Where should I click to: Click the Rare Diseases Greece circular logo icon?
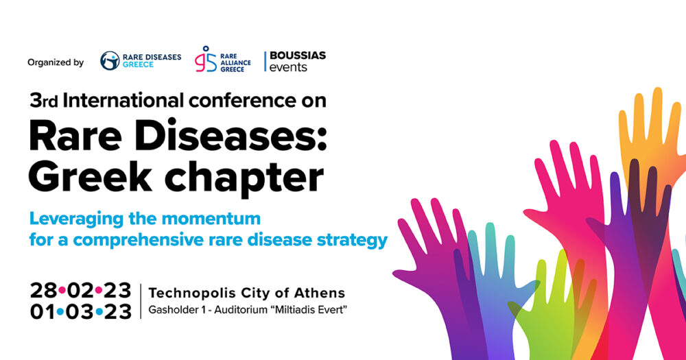[110, 60]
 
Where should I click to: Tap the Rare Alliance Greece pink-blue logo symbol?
[206, 59]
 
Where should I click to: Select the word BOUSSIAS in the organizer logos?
[298, 56]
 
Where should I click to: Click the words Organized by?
[56, 62]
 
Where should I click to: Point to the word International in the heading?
[123, 101]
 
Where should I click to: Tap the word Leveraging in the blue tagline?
[76, 219]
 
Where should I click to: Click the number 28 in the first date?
[44, 290]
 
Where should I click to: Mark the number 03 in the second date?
[80, 311]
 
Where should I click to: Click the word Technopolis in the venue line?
[192, 293]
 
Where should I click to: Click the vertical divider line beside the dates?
[141, 301]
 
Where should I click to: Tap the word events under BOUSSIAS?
[288, 67]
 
